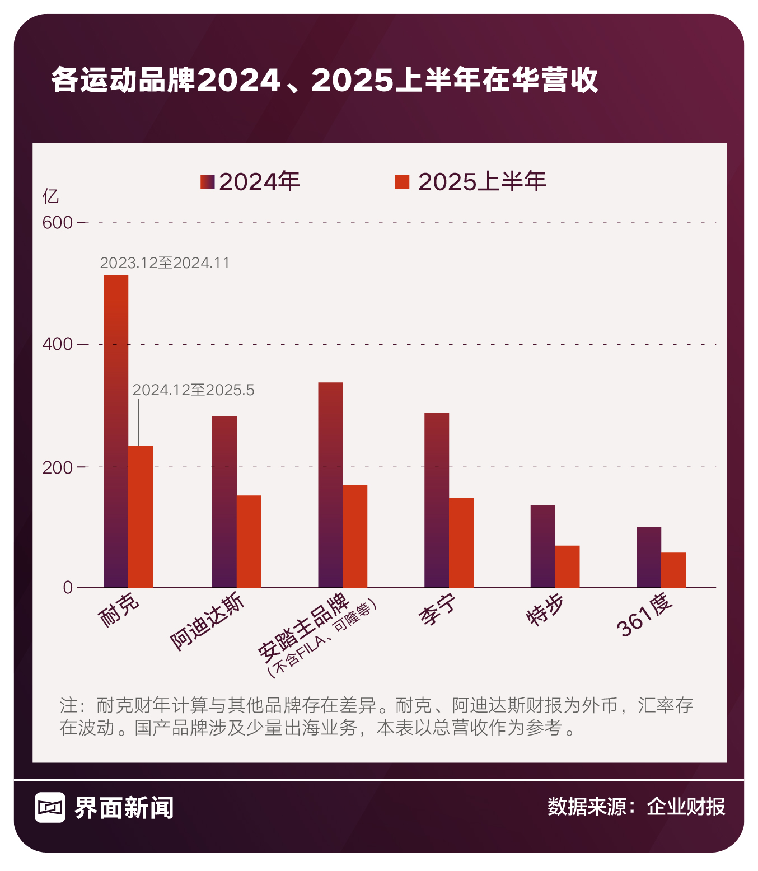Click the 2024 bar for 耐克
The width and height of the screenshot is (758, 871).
[116, 431]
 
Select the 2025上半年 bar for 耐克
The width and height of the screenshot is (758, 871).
[141, 516]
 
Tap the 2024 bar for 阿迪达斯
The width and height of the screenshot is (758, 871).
[224, 502]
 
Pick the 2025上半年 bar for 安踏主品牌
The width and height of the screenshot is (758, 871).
[355, 536]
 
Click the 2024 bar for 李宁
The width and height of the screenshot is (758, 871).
[437, 500]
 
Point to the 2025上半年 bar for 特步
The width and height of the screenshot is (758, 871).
[567, 566]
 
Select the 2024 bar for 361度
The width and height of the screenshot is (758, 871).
[649, 557]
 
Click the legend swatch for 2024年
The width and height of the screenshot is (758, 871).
[208, 182]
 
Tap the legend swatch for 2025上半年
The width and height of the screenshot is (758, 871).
[402, 182]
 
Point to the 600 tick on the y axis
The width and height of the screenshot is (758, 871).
[58, 223]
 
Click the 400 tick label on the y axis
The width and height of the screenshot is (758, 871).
[58, 344]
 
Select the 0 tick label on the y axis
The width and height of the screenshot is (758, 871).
[68, 588]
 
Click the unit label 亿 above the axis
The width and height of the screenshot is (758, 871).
[50, 196]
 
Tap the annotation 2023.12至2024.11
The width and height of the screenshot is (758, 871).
[165, 263]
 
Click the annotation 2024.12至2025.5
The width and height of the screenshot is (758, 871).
[193, 390]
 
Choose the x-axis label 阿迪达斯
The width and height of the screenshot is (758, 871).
[207, 622]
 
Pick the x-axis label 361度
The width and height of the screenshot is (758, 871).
[644, 615]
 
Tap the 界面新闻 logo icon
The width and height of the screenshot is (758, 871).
[50, 807]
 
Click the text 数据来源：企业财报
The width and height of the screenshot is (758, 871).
[636, 807]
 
